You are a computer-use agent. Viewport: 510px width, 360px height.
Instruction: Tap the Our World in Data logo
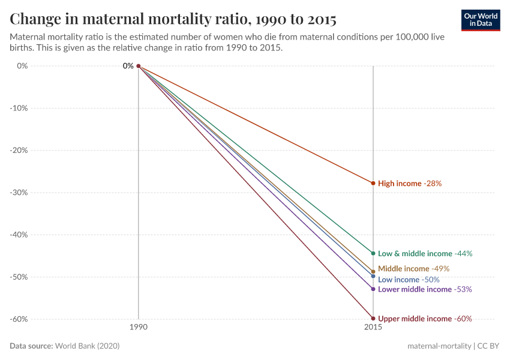(x=480, y=20)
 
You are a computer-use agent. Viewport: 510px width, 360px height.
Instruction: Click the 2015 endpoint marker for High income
(x=373, y=183)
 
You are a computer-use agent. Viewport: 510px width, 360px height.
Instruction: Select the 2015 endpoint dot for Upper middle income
(x=373, y=319)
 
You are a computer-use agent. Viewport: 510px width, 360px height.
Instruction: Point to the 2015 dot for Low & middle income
(x=373, y=253)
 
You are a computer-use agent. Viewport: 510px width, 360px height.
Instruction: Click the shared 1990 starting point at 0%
(x=139, y=66)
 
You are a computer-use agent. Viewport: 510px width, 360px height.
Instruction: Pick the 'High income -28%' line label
(x=410, y=184)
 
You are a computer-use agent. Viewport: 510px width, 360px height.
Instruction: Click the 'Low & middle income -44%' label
(x=425, y=254)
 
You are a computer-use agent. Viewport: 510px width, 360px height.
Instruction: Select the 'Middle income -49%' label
(x=413, y=269)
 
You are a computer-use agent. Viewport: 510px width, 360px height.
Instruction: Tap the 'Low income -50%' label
(x=409, y=280)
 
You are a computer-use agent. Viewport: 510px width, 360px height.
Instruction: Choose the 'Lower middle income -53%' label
(x=425, y=289)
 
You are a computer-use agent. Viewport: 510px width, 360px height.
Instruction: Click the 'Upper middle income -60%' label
(x=425, y=319)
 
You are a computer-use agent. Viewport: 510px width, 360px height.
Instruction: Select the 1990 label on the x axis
(x=139, y=328)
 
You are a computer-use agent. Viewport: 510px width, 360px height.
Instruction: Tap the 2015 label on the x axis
(x=373, y=328)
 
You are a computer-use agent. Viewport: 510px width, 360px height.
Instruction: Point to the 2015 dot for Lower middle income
(x=373, y=289)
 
